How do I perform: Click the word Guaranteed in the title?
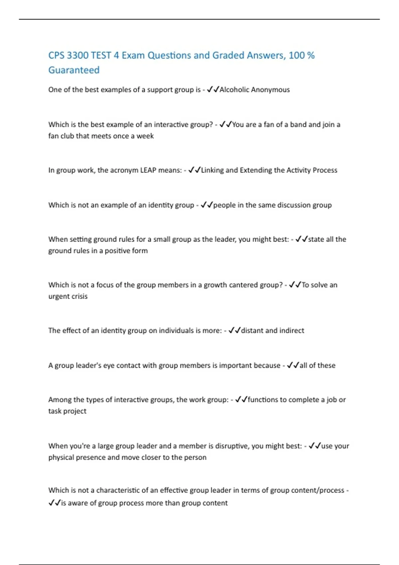tap(74, 70)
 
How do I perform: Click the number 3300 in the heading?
tap(77, 55)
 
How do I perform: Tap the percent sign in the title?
tap(311, 55)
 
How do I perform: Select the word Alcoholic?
tap(234, 90)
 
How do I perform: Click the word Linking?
tap(212, 170)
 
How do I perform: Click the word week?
tap(145, 136)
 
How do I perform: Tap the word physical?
tap(61, 458)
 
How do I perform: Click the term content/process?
tap(319, 490)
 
